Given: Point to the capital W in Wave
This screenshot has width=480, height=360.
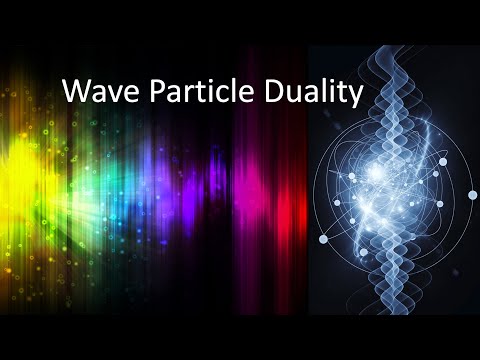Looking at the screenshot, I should [x=73, y=93].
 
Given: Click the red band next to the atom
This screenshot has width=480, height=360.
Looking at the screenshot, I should [x=296, y=190].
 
